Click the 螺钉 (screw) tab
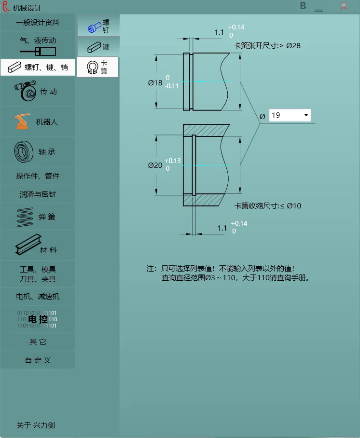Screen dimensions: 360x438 click(x=98, y=26)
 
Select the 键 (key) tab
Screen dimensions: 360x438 click(x=98, y=47)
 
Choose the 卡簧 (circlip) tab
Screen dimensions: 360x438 click(x=98, y=67)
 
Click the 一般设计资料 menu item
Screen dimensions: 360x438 click(x=38, y=22)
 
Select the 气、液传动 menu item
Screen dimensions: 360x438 click(x=38, y=44)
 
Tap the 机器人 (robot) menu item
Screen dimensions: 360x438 click(x=38, y=122)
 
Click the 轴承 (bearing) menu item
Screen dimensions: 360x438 click(x=38, y=151)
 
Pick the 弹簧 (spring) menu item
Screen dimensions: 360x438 click(x=38, y=217)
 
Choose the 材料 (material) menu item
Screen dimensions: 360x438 click(x=38, y=247)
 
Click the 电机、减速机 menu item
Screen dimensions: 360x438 click(x=38, y=296)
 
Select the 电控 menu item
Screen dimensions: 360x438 click(x=38, y=319)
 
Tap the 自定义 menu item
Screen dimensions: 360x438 click(x=38, y=360)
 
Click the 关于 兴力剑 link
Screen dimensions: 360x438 click(x=36, y=425)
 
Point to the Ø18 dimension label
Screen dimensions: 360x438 click(x=155, y=83)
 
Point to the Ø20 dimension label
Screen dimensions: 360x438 click(x=155, y=165)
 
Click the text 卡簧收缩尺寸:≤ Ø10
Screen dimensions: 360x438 click(x=268, y=206)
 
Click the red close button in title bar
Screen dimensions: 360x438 click(x=344, y=6)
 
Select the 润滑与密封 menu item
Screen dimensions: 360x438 click(x=38, y=194)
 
